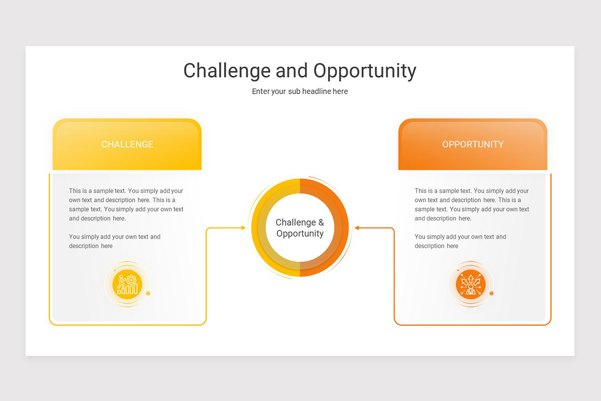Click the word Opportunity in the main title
click(x=365, y=71)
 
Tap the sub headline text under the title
click(x=299, y=91)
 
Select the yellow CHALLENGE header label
click(x=127, y=144)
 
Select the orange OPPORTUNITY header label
click(x=473, y=144)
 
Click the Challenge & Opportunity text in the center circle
click(x=300, y=228)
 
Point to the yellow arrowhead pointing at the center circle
click(x=243, y=228)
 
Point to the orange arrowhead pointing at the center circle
click(x=357, y=228)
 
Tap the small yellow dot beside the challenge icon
click(x=148, y=293)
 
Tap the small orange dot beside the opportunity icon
click(x=491, y=293)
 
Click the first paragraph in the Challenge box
click(x=126, y=205)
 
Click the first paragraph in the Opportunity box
click(x=472, y=205)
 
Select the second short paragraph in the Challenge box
click(x=115, y=241)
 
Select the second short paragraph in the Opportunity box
click(x=460, y=241)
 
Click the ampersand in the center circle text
click(x=321, y=222)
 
